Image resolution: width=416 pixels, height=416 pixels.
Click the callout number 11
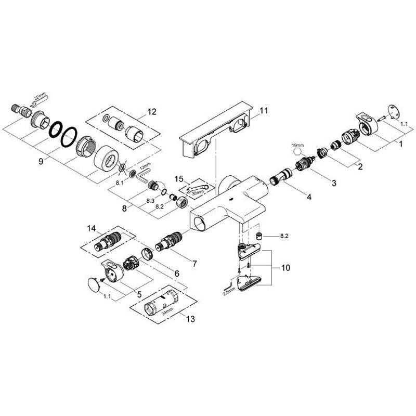pos(264,110)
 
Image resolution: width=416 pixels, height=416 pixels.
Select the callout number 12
pos(152,112)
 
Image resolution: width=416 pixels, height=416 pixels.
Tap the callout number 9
pos(41,161)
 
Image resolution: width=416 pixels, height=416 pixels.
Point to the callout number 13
pos(190,319)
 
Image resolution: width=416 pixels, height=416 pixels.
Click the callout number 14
pos(92,228)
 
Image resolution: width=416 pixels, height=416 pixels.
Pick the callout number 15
pos(179,179)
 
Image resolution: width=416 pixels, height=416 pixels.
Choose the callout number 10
pos(285,268)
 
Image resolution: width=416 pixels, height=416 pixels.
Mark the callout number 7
pos(194,264)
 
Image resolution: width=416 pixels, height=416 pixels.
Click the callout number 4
pos(309,197)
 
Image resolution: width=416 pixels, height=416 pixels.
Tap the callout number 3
pos(334,183)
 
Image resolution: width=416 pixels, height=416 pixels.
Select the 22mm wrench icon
pos(40,100)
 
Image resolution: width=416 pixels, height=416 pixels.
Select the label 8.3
pos(150,201)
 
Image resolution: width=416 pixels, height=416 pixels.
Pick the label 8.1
pos(120,183)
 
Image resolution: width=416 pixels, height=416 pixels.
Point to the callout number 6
pos(177,274)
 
